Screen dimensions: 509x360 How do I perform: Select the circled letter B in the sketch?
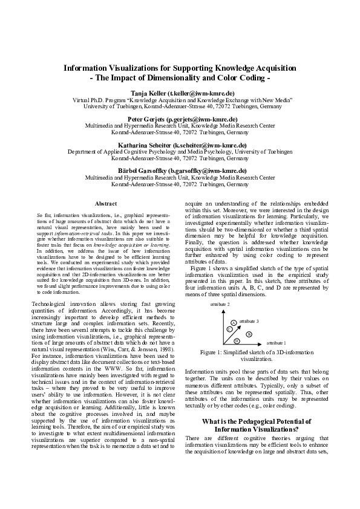point(248,334)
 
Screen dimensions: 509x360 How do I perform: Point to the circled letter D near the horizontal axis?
point(237,341)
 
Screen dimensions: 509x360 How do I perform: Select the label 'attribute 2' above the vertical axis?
point(220,304)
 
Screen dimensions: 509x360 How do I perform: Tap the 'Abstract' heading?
point(106,204)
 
